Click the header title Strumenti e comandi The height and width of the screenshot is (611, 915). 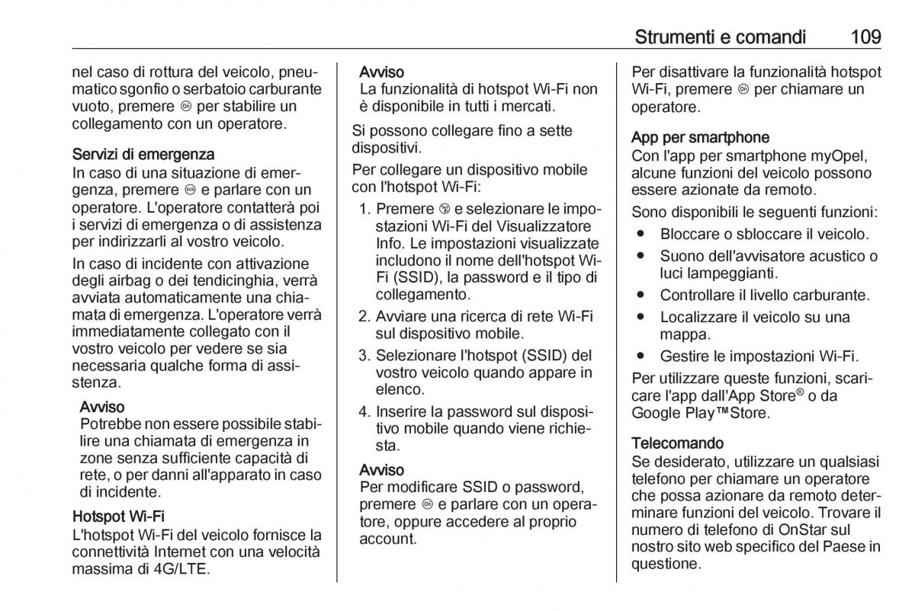(719, 36)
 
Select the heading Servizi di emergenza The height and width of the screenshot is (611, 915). (143, 155)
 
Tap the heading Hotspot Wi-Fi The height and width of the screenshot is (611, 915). (118, 517)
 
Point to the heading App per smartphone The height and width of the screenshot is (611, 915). (700, 137)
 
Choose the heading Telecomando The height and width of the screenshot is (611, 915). (677, 443)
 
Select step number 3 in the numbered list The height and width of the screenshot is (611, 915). (364, 356)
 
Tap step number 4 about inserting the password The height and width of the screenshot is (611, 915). (364, 411)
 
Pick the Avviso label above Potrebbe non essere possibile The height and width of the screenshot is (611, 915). (102, 408)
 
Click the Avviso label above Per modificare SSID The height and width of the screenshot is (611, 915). (381, 469)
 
